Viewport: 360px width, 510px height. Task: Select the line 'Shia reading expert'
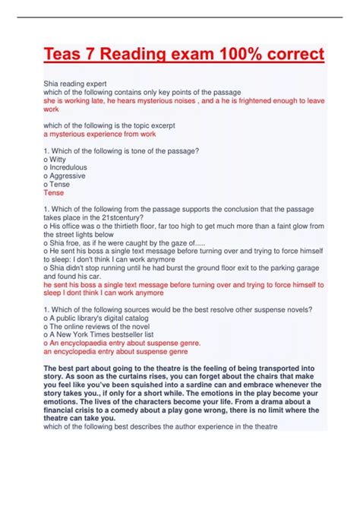pyautogui.click(x=75, y=84)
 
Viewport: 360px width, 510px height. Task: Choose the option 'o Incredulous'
pyautogui.click(x=65, y=168)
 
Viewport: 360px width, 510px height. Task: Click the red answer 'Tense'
pyautogui.click(x=54, y=193)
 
